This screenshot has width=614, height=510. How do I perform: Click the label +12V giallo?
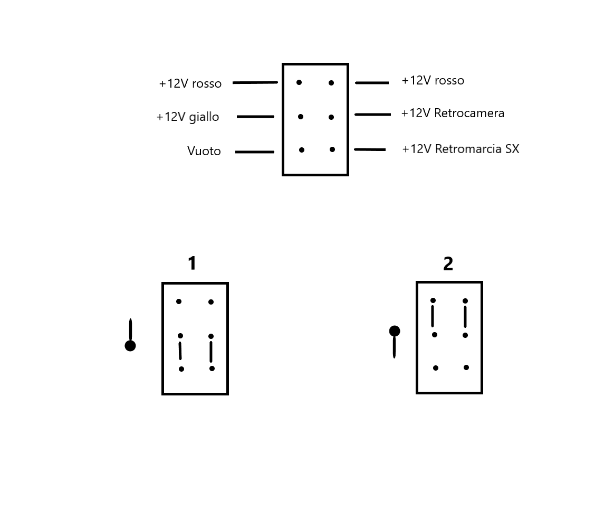[x=188, y=117]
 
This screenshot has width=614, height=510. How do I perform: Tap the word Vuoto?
[x=204, y=151]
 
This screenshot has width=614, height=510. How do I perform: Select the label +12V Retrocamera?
[x=453, y=114]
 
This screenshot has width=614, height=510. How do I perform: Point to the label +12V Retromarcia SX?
[x=460, y=149]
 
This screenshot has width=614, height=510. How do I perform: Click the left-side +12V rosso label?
[x=190, y=83]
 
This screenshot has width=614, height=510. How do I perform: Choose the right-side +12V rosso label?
[x=433, y=80]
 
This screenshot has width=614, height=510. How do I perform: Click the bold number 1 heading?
[x=192, y=263]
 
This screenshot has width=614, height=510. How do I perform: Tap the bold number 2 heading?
[x=448, y=264]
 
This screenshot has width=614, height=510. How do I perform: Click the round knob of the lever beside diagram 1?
[x=130, y=346]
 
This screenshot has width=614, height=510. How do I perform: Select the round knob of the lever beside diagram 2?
[x=395, y=331]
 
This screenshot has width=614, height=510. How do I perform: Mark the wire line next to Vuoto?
[x=255, y=152]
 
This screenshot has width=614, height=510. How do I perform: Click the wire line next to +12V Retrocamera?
[x=373, y=115]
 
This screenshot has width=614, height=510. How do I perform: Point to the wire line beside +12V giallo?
[x=255, y=117]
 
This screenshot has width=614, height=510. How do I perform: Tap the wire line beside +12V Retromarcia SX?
[x=370, y=149]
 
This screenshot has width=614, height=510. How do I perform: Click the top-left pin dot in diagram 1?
[x=179, y=301]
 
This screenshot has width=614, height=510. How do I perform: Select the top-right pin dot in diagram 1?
[x=211, y=302]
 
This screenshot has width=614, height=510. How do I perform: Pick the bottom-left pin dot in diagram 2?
[x=435, y=368]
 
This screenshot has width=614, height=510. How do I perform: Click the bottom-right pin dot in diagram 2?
[x=466, y=367]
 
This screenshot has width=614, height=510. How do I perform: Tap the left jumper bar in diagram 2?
[x=433, y=316]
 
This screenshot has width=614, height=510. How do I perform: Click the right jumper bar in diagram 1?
[x=211, y=352]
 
